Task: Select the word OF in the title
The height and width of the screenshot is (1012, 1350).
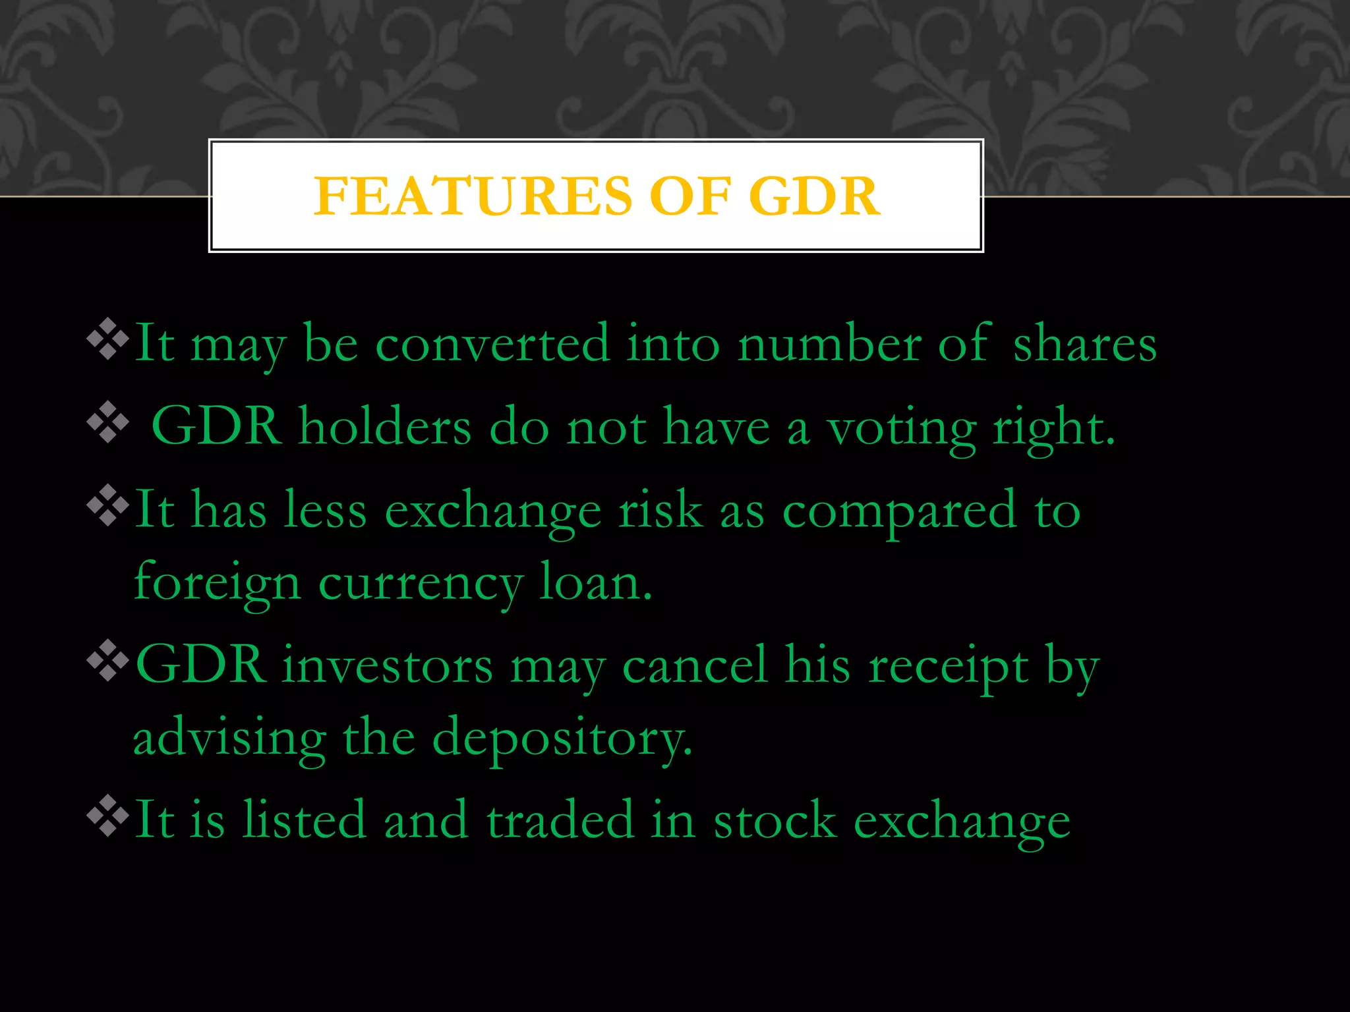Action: [690, 196]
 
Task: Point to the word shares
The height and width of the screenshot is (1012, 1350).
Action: [1084, 344]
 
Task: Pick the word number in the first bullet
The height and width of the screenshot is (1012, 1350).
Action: [829, 344]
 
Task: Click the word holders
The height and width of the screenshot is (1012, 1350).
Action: [385, 427]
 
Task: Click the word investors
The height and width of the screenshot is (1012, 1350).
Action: [388, 665]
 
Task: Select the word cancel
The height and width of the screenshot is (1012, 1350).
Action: [695, 665]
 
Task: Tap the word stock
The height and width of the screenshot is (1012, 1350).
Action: [775, 820]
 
